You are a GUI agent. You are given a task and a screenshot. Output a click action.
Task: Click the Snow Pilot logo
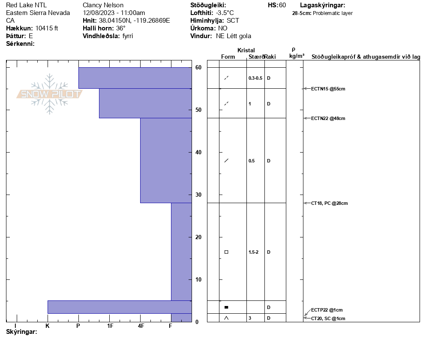click(x=49, y=94)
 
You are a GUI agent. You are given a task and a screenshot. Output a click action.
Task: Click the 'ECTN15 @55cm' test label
click(x=328, y=89)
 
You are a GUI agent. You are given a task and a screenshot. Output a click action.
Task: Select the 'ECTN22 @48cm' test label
click(x=328, y=118)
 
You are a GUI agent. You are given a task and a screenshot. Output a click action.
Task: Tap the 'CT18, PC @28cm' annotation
click(x=329, y=203)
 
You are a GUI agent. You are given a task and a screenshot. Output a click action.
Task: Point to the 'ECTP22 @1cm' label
click(x=327, y=310)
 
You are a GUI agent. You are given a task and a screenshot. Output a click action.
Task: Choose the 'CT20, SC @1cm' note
click(x=328, y=318)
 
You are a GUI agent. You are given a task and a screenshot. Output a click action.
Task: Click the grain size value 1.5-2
click(x=254, y=252)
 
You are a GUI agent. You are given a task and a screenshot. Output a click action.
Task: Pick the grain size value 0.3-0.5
click(x=255, y=78)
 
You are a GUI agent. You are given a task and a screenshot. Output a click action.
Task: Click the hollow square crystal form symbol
click(x=226, y=252)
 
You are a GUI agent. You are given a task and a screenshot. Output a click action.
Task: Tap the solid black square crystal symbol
click(x=226, y=307)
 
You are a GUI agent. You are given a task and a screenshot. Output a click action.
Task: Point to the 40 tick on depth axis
click(x=198, y=153)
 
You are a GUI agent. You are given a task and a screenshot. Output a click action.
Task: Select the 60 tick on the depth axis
click(x=198, y=68)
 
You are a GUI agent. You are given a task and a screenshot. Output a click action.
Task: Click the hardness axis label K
click(x=48, y=326)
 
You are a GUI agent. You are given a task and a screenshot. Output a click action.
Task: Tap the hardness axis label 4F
click(x=141, y=326)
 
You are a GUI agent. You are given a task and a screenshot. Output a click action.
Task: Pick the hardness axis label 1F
click(x=110, y=326)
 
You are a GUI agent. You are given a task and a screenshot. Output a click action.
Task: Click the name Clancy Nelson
click(x=103, y=5)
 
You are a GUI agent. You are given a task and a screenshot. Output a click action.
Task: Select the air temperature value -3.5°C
click(x=225, y=13)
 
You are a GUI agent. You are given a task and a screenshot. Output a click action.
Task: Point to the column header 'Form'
click(x=228, y=57)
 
